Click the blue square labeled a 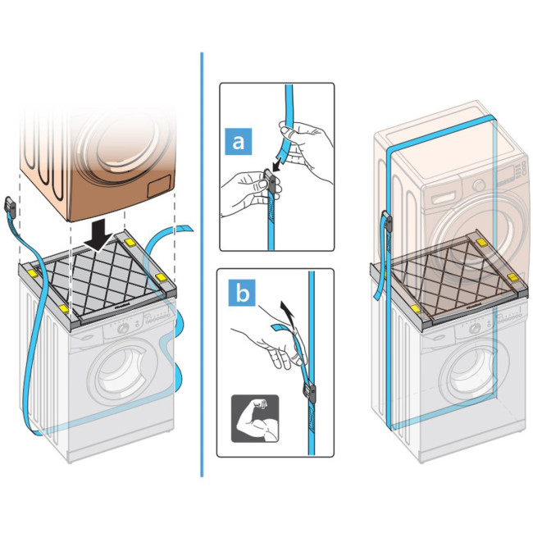[239, 141]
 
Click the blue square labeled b [242, 293]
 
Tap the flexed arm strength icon [255, 418]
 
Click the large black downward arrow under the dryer [99, 235]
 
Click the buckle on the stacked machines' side [388, 221]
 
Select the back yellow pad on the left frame [130, 242]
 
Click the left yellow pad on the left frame [32, 272]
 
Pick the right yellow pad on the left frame [161, 278]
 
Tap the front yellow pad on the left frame [64, 308]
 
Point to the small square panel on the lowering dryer [159, 186]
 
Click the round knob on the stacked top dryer [479, 185]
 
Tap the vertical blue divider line [202, 265]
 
